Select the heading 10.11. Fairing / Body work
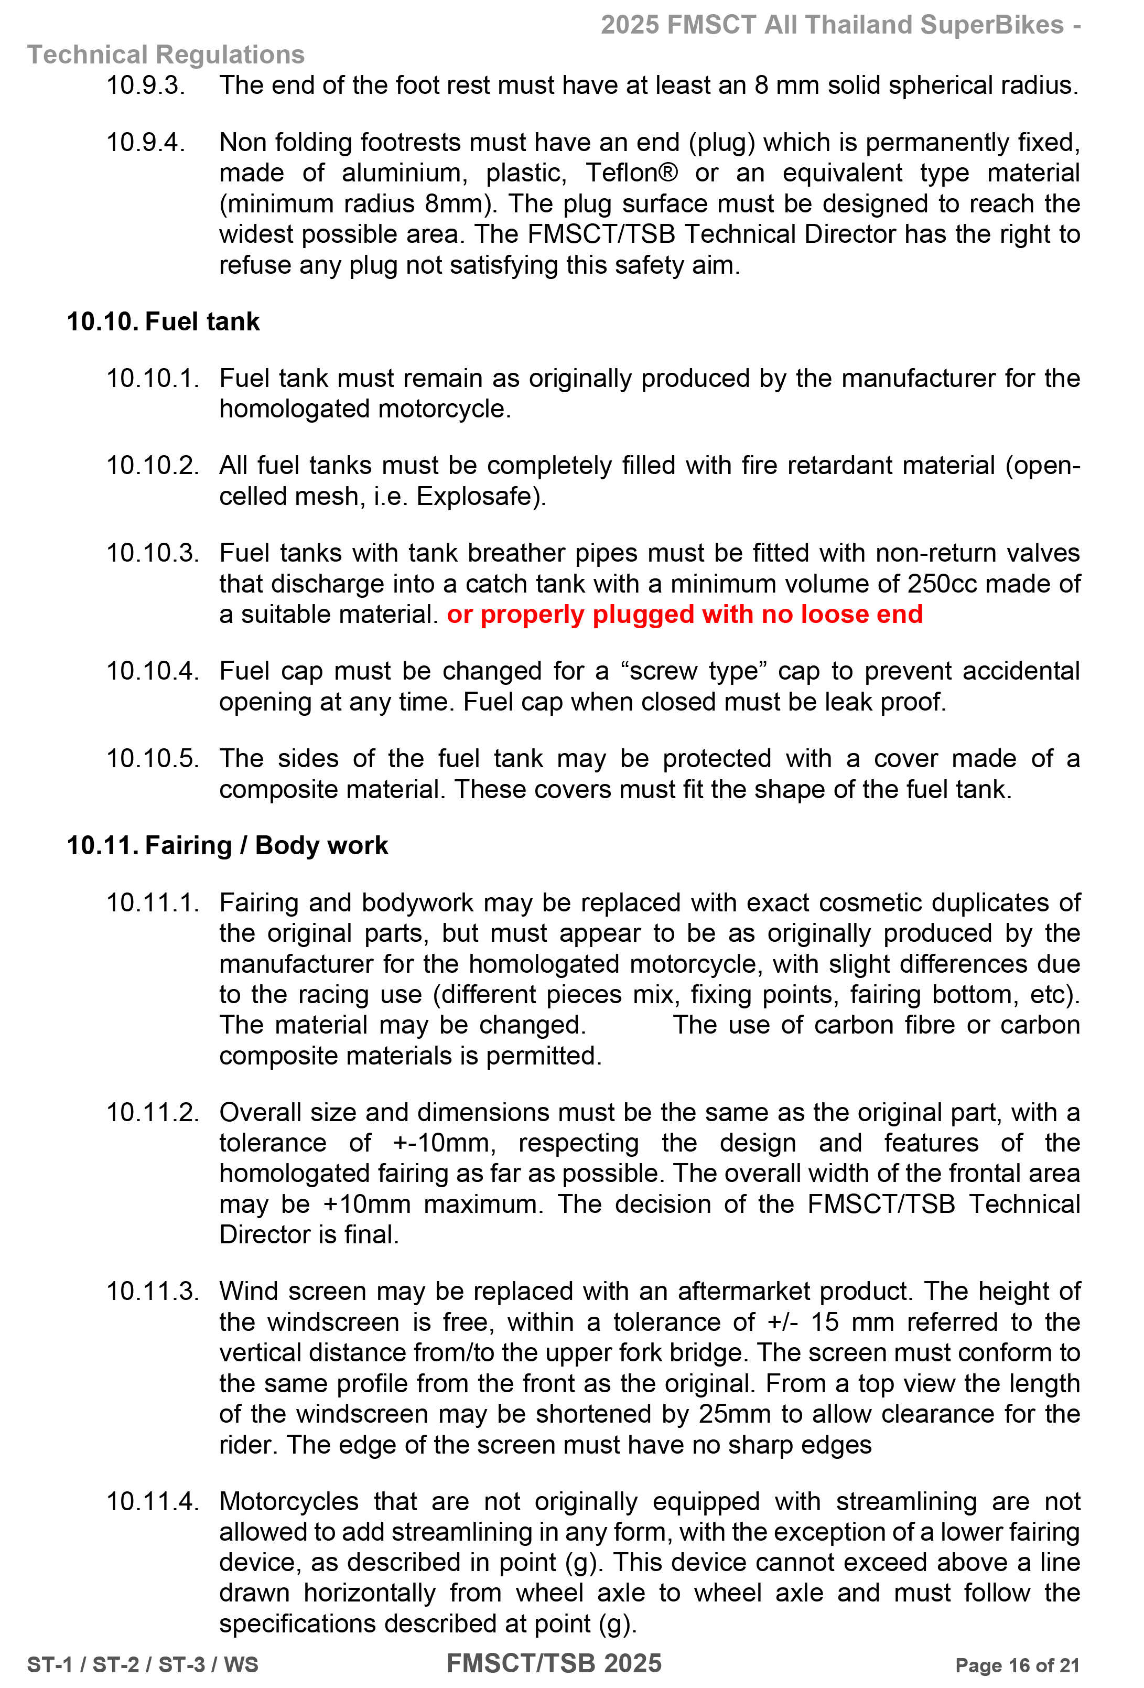click(x=228, y=845)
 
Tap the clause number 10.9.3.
click(x=146, y=85)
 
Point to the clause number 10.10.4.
click(x=153, y=670)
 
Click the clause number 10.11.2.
click(x=153, y=1112)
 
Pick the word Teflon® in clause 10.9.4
click(x=632, y=173)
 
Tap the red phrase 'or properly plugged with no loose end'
click(x=684, y=615)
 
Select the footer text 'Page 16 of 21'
click(x=1017, y=1665)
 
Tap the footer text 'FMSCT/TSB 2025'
click(x=554, y=1663)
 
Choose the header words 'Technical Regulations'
click(x=166, y=55)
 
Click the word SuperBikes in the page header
click(x=992, y=25)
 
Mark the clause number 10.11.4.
click(x=153, y=1501)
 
